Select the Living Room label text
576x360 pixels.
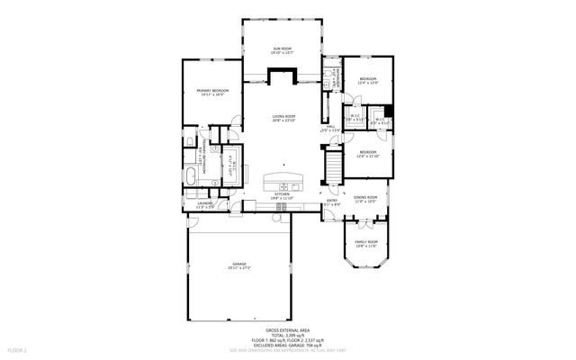coord(283,118)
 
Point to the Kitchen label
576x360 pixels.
coord(283,195)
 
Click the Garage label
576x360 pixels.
coord(239,265)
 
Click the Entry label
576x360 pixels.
coord(332,202)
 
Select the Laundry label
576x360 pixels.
coord(204,205)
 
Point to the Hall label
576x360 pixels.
coord(331,128)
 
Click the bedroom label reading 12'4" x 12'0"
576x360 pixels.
coord(368,81)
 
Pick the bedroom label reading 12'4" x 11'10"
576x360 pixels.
coord(368,154)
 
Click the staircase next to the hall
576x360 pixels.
coord(332,166)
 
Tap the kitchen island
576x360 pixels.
coord(283,181)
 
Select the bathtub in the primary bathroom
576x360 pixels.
coord(196,175)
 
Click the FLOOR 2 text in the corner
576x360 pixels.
coord(17,348)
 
